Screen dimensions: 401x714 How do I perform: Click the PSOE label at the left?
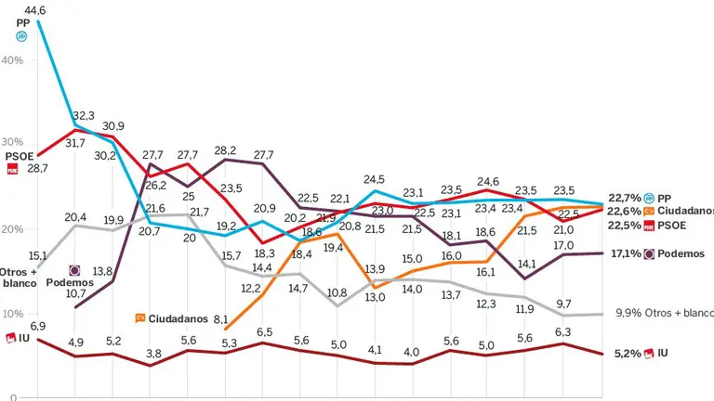pos(20,156)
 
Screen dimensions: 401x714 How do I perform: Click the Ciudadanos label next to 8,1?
pos(178,318)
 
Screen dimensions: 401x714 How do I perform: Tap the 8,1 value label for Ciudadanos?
pos(222,318)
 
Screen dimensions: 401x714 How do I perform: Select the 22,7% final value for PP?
pos(624,198)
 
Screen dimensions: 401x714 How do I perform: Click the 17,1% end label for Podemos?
pos(624,253)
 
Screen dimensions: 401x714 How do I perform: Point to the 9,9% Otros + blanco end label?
pos(663,314)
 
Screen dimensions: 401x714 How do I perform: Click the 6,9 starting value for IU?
pos(37,326)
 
